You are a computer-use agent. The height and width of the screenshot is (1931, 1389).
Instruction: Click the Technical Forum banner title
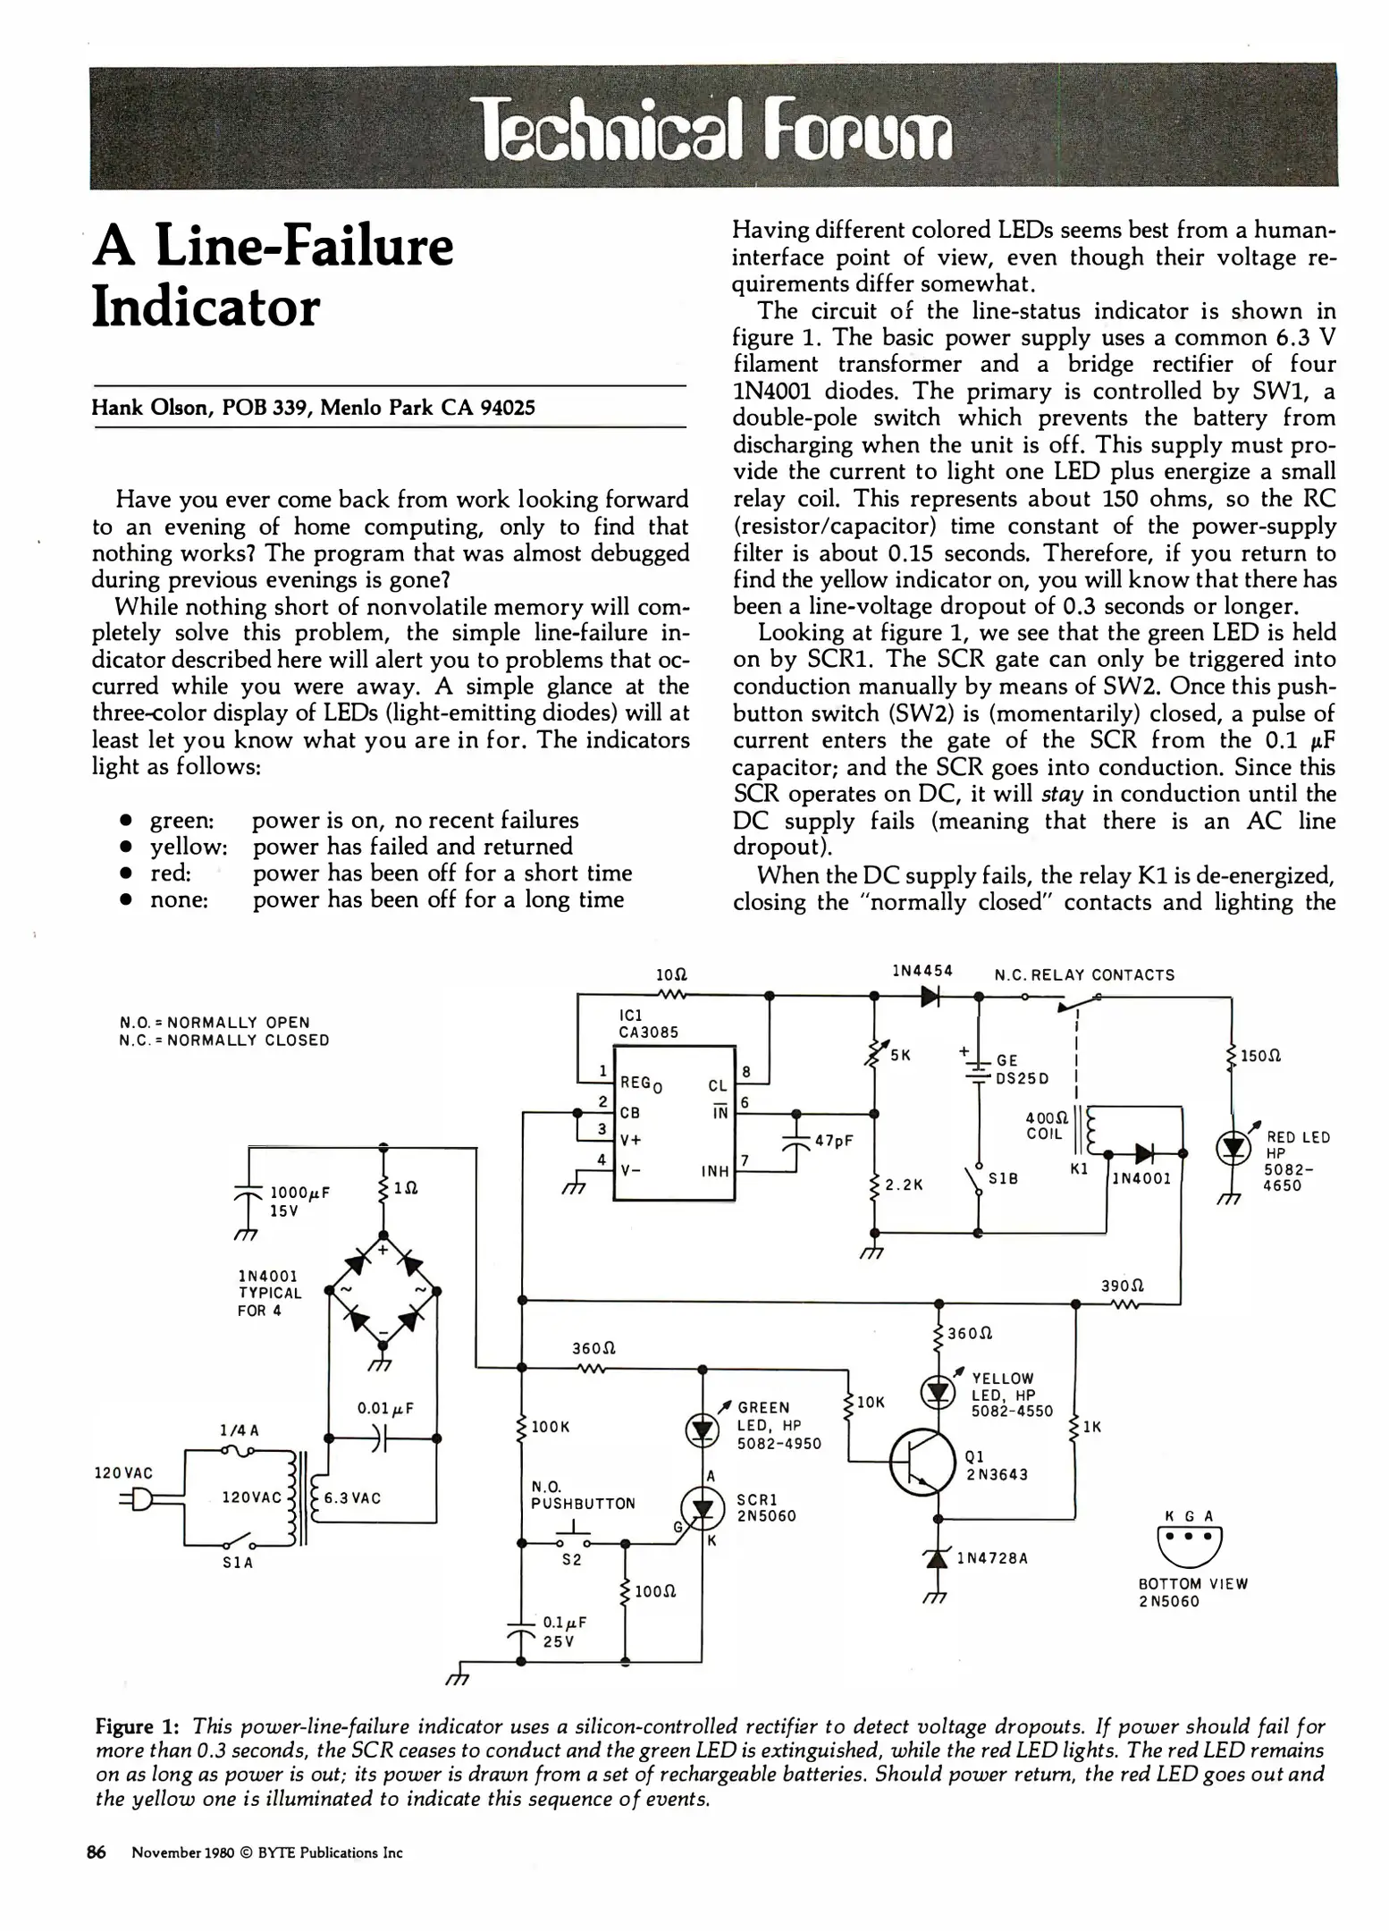click(712, 130)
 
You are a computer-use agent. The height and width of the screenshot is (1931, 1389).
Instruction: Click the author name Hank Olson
click(149, 408)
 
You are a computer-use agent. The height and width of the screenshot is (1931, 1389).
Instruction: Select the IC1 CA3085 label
click(648, 1024)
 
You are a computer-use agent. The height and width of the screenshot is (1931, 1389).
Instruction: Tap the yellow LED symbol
click(938, 1392)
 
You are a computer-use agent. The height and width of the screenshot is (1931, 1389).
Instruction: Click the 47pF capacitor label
click(833, 1141)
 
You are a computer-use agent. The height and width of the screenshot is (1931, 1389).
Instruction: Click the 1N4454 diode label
click(922, 971)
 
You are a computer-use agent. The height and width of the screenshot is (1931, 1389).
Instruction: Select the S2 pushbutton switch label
click(572, 1560)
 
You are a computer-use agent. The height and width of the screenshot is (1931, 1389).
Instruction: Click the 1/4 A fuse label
click(239, 1429)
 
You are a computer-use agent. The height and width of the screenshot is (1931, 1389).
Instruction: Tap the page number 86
click(97, 1852)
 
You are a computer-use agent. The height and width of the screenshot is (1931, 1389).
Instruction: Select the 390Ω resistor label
click(1123, 1285)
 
